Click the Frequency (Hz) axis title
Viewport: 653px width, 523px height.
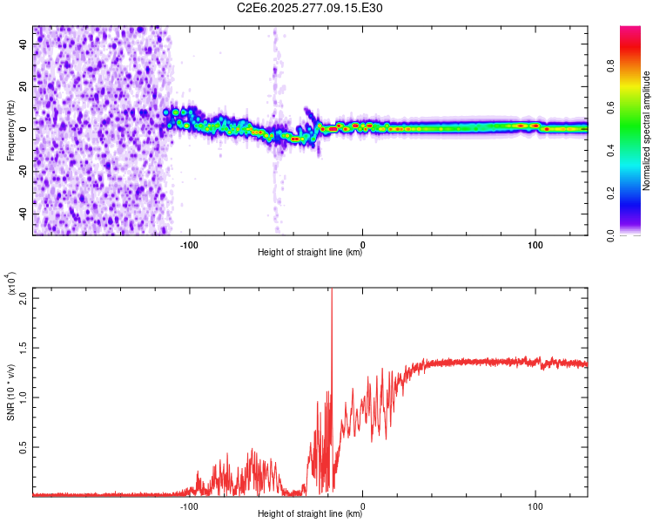10,129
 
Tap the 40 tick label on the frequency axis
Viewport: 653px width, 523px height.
24,44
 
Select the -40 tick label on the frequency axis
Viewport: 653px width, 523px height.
22,214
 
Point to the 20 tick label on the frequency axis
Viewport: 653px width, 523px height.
24,87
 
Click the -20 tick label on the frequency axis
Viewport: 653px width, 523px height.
22,172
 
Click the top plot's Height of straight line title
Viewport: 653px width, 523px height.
310,253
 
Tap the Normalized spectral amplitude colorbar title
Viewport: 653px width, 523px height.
647,131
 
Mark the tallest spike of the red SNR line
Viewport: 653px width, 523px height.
332,292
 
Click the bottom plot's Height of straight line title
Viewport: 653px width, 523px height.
310,514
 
